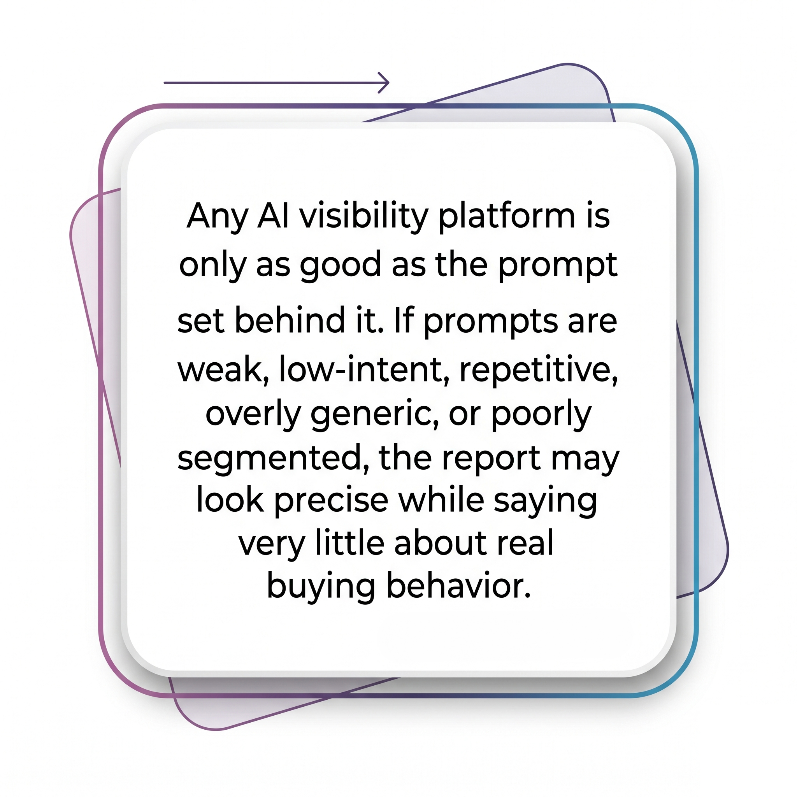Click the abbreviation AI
pos(273,216)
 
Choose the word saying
pos(545,503)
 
